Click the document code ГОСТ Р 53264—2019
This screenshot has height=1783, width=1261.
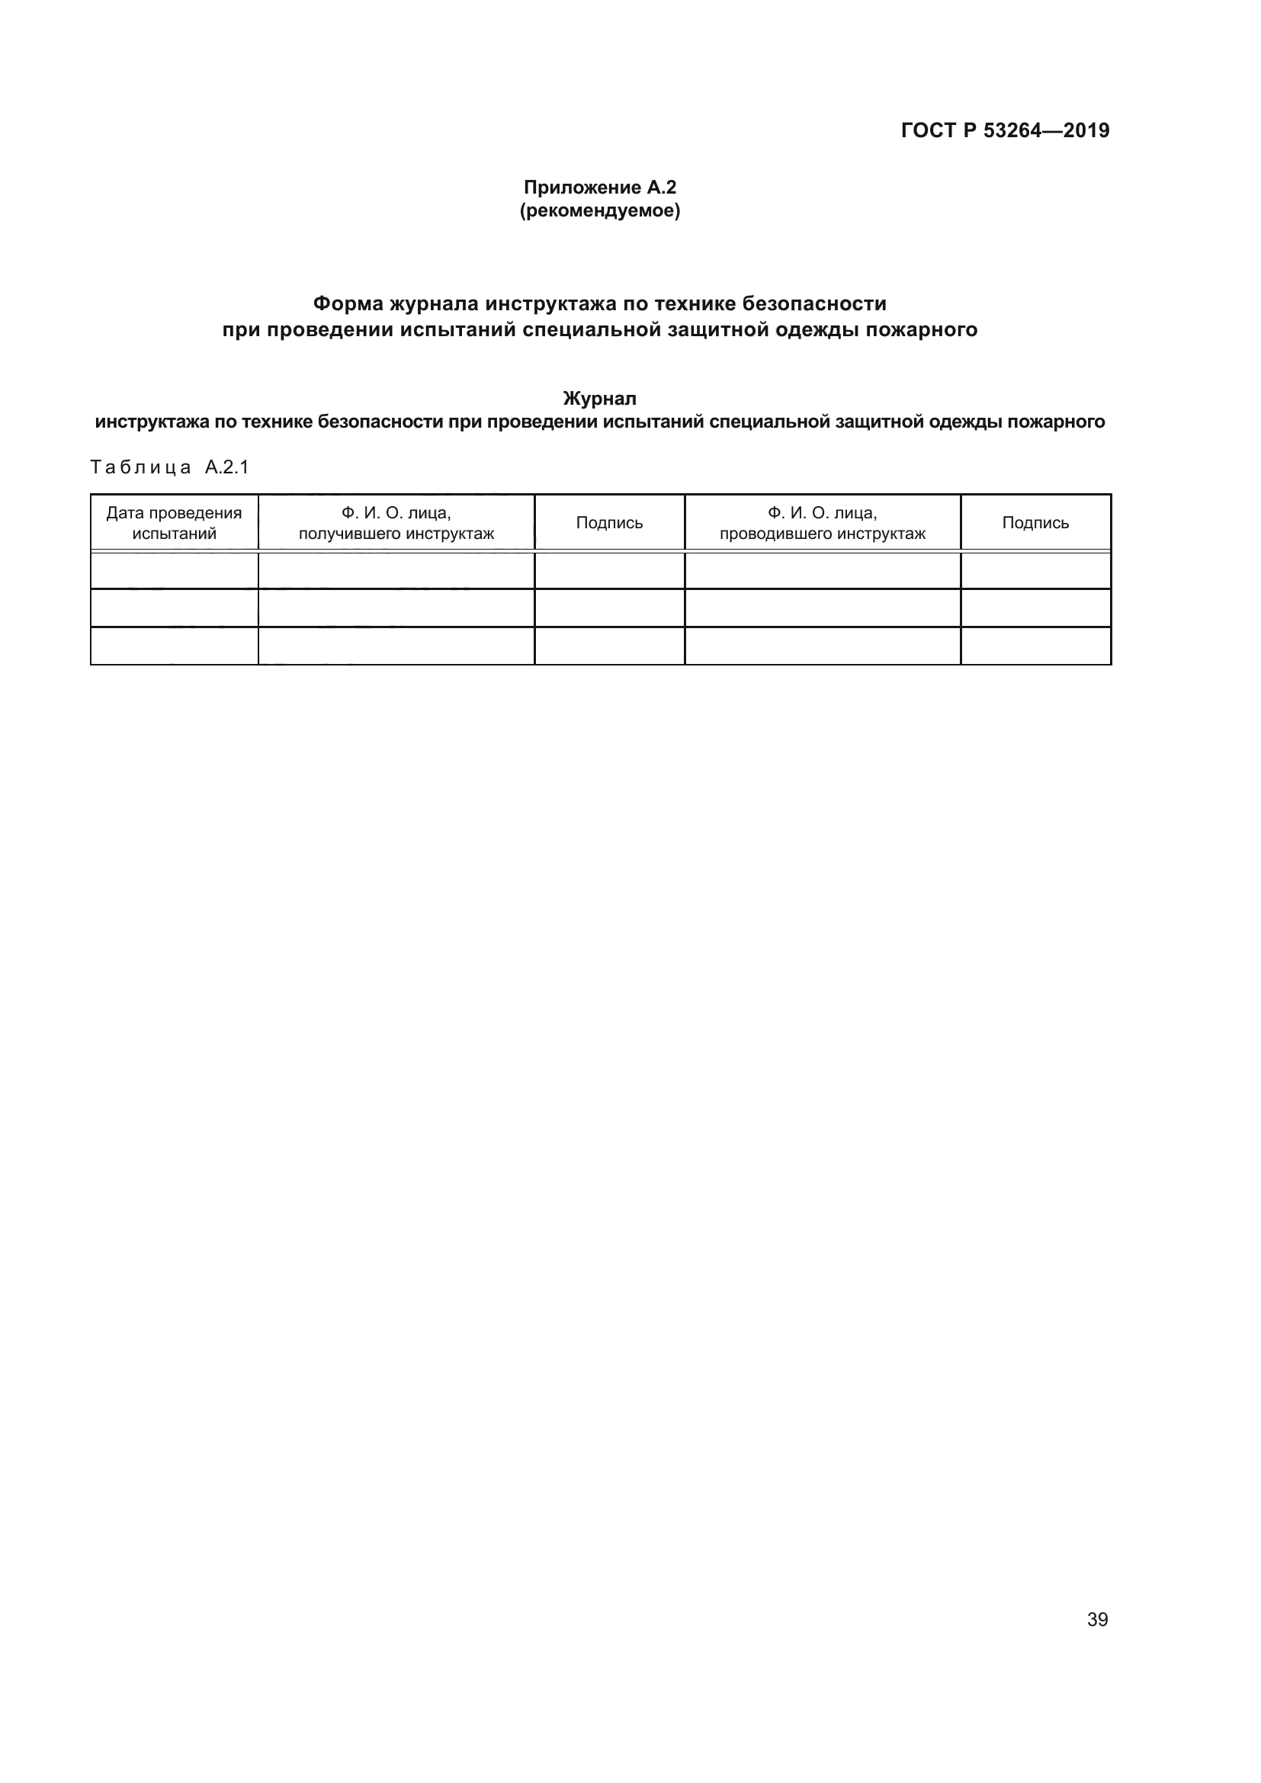pos(1005,130)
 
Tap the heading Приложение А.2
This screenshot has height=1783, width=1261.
pos(599,188)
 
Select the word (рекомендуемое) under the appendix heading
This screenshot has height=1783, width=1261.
pos(599,210)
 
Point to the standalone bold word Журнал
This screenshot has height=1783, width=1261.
pos(599,399)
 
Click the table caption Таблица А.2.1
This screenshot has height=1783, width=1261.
pos(169,467)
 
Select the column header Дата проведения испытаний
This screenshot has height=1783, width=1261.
pos(174,523)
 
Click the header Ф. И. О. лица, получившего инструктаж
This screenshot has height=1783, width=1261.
pos(396,523)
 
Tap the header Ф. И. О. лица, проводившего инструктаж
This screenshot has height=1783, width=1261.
pos(823,523)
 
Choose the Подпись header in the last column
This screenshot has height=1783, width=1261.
pos(1035,523)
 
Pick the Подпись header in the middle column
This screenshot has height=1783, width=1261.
pos(610,523)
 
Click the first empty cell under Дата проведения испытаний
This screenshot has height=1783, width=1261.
pos(174,571)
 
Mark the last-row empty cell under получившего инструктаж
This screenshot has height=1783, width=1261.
pos(396,646)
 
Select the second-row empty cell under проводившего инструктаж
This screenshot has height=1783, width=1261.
pos(823,608)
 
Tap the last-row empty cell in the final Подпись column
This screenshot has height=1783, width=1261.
pos(1035,646)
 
